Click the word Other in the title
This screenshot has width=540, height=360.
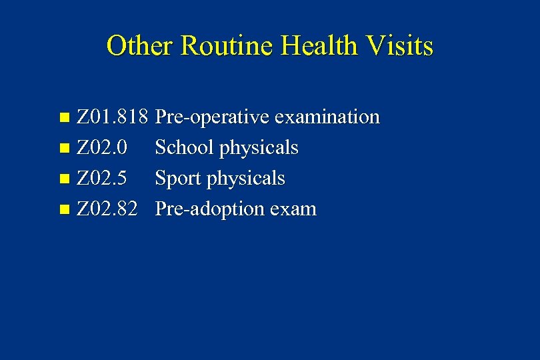click(x=140, y=46)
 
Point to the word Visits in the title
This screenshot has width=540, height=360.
click(x=400, y=46)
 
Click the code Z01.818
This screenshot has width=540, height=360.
click(x=112, y=117)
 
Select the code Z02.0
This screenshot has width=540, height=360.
click(x=103, y=148)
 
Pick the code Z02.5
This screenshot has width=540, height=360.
click(x=103, y=179)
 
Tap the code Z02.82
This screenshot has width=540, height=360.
click(x=107, y=209)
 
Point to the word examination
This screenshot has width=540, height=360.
click(x=327, y=117)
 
